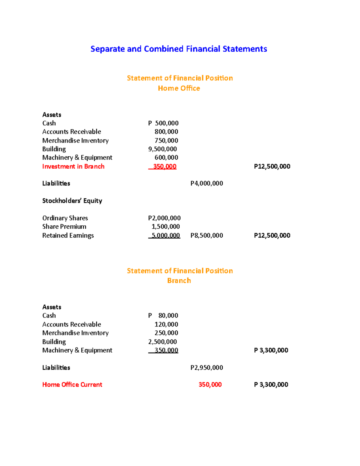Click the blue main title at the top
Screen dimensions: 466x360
coord(179,49)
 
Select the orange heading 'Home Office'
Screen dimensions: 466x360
coord(179,88)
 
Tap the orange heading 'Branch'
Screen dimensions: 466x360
coord(179,281)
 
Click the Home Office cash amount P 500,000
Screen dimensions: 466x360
coord(163,123)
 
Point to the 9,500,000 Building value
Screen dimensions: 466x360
coord(163,149)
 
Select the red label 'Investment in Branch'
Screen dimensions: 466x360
coord(73,167)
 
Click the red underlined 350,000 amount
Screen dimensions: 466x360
coord(164,167)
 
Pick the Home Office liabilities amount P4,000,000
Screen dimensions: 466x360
coord(207,183)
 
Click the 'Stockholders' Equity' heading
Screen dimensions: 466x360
coord(72,201)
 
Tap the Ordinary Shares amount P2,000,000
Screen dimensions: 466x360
coord(164,218)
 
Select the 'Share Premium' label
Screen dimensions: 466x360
coord(64,227)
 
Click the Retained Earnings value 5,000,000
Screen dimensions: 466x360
coord(166,236)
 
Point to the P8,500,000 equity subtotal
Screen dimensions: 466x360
coord(207,236)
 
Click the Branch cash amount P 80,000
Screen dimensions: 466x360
coord(163,316)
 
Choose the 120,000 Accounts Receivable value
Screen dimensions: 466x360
coord(166,324)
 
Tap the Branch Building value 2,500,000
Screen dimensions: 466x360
coord(163,342)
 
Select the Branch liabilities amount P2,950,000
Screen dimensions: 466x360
coord(207,368)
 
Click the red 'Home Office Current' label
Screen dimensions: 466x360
coord(72,385)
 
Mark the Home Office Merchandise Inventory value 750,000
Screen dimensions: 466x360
coord(166,140)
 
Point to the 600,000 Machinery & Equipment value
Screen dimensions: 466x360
coord(166,158)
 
